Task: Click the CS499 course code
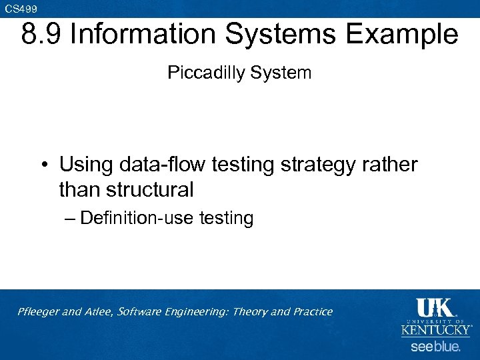[21, 8]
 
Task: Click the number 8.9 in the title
[41, 35]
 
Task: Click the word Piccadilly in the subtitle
[207, 73]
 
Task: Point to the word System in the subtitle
[281, 73]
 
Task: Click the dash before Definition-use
[69, 219]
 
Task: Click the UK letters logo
[435, 308]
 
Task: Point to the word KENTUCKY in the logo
[435, 330]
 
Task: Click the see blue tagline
[435, 347]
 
